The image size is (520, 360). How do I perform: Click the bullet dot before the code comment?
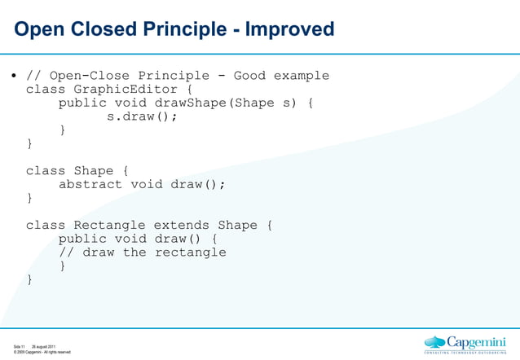pos(14,77)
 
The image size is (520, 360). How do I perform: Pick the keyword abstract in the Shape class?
pos(90,184)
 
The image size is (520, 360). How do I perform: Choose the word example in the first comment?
pos(301,76)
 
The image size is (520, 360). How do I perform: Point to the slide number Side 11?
pos(19,346)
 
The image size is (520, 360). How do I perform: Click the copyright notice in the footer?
pos(42,353)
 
